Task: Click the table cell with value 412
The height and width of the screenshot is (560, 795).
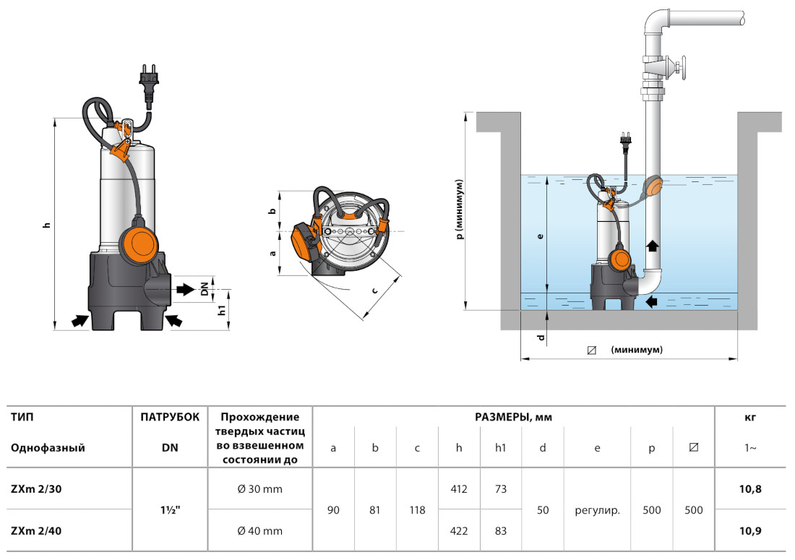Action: coord(459,489)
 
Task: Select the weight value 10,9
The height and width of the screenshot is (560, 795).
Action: coord(750,531)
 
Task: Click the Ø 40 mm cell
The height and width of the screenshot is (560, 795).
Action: coord(259,531)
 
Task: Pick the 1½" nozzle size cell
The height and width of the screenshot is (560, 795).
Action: coord(169,510)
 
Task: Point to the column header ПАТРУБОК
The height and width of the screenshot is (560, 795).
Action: coord(169,417)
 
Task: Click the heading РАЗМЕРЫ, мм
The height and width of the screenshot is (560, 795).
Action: coord(513,417)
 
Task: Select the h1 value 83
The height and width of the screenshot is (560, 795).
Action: coord(500,531)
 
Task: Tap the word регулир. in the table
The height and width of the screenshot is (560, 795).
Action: coord(597,510)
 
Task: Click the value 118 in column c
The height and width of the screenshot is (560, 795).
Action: coord(417,510)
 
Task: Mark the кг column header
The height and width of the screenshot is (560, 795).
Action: coord(750,417)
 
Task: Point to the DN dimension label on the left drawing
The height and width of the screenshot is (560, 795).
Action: coord(205,289)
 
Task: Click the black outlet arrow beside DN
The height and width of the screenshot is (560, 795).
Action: coord(185,289)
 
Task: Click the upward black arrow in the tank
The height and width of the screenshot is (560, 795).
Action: coord(653,245)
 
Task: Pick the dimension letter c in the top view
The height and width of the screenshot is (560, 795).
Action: coord(374,290)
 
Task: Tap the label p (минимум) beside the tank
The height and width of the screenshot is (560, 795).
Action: coord(458,210)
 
